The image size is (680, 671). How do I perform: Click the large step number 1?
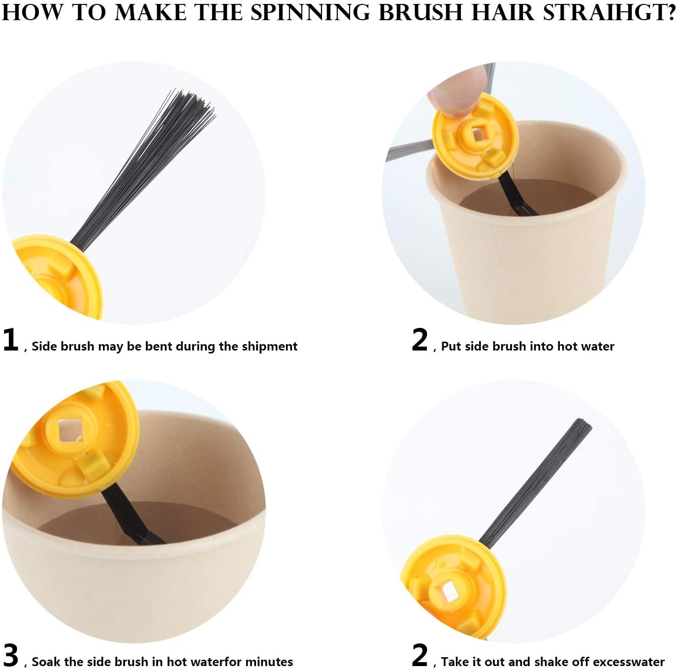pyautogui.click(x=10, y=340)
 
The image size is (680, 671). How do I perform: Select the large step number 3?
pyautogui.click(x=10, y=655)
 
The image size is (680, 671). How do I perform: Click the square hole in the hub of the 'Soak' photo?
pyautogui.click(x=67, y=430)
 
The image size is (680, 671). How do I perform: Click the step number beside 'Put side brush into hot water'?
pyautogui.click(x=420, y=340)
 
